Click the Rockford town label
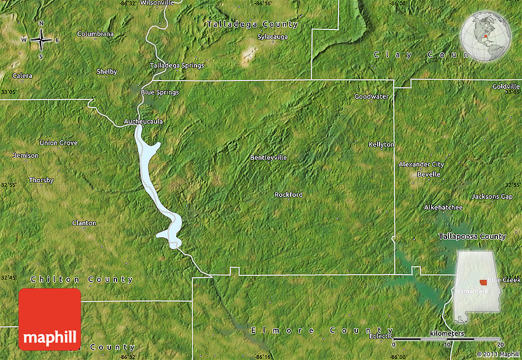[x=288, y=195]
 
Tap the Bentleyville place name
[x=268, y=158]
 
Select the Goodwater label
[x=372, y=96]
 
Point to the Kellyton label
[x=381, y=144]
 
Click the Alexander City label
[x=421, y=165]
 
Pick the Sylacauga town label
[x=272, y=37]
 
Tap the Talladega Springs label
[x=177, y=66]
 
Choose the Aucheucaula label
[x=144, y=122]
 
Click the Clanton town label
[x=84, y=223]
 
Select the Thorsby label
[x=41, y=181]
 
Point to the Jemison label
[x=26, y=155]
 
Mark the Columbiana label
[x=95, y=34]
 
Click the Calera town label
[x=23, y=76]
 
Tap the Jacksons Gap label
[x=491, y=197]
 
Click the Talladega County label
[x=252, y=25]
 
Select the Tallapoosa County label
[x=472, y=237]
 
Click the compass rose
[x=41, y=40]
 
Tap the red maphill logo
[x=50, y=319]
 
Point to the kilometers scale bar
[x=447, y=337]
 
